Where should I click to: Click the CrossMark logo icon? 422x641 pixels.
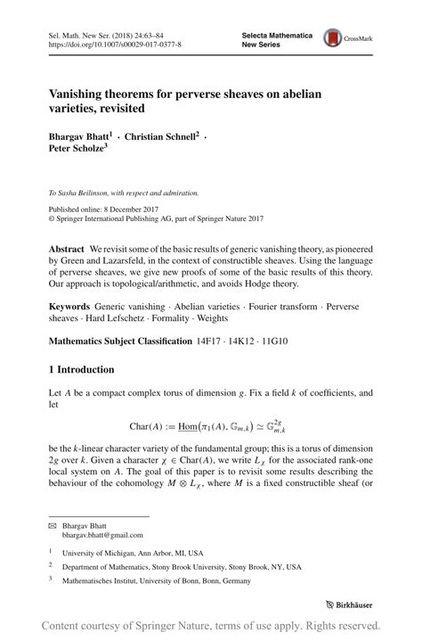[x=336, y=38]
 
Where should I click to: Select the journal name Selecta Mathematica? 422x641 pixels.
[x=277, y=34]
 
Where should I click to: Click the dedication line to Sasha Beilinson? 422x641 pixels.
[x=124, y=193]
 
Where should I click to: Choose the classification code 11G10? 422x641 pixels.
[x=283, y=341]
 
